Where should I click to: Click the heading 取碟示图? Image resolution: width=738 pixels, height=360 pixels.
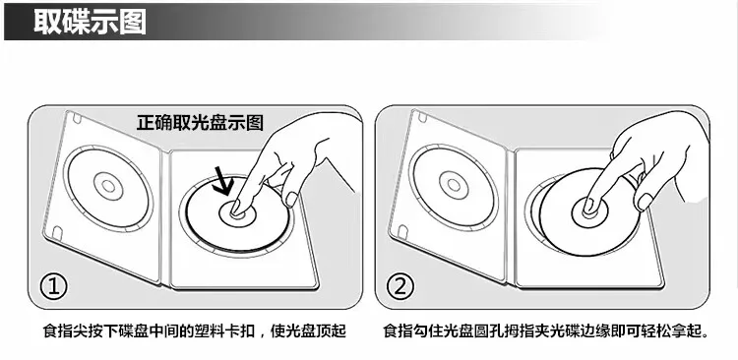click(x=90, y=22)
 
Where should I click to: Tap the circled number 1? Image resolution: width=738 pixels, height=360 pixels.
click(x=53, y=287)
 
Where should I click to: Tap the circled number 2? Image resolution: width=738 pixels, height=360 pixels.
click(x=400, y=287)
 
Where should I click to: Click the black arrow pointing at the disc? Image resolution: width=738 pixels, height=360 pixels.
click(x=222, y=180)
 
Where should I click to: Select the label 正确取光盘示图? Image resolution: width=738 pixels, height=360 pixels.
click(x=200, y=122)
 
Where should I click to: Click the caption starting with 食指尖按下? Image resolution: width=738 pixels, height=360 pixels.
click(x=195, y=330)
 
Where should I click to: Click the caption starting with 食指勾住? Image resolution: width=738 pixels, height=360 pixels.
click(x=546, y=330)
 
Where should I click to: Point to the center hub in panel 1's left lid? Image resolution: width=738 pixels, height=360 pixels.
click(x=108, y=186)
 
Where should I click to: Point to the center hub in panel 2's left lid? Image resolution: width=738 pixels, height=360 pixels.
click(x=454, y=185)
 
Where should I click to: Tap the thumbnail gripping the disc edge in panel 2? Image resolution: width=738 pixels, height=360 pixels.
click(x=645, y=202)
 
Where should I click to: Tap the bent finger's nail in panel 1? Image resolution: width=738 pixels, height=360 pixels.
click(x=292, y=199)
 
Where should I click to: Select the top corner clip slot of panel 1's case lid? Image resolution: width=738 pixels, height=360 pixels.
click(x=77, y=118)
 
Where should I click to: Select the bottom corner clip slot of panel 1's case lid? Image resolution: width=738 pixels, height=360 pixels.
click(x=57, y=232)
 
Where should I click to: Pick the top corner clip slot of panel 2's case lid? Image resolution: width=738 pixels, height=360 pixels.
click(x=422, y=117)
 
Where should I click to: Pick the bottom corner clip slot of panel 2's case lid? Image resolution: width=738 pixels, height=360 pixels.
click(x=402, y=231)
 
